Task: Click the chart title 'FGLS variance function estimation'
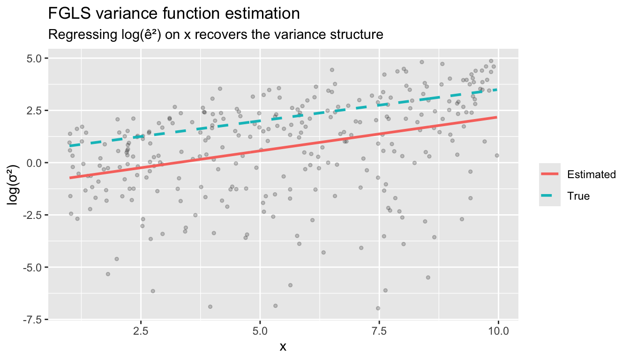coord(174,13)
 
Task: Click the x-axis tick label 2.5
coord(141,331)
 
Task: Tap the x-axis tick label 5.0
coord(260,331)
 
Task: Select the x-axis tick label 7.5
coord(379,331)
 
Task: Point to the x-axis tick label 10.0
coord(498,331)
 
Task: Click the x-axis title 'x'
coord(283,347)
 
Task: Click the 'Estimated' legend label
coord(591,175)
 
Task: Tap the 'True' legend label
coord(578,196)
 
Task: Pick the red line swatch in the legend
coord(550,174)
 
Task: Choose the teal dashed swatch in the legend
coord(550,196)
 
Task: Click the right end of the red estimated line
coord(497,117)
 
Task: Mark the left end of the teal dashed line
coord(70,146)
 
